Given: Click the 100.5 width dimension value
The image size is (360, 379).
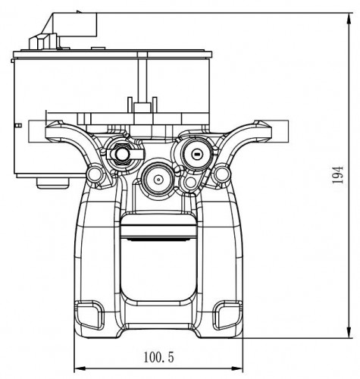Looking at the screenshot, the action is pos(158,358).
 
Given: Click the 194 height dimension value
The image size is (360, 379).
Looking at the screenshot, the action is pos(338,175).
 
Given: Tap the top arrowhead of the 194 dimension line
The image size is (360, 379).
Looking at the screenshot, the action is pos(349,19).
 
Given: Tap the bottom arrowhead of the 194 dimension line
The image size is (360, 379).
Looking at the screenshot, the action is pos(349,332).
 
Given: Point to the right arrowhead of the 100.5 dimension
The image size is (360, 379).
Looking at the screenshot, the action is pos(236,368).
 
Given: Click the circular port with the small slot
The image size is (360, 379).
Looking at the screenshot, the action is pos(196,154).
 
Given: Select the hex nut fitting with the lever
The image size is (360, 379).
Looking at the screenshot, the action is pos(122,154).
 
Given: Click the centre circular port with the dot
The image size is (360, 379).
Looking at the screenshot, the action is pos(158,180).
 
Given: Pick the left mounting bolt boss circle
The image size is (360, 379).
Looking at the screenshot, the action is pos(95,174).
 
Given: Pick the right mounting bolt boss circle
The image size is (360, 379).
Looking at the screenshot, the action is pos(221,174).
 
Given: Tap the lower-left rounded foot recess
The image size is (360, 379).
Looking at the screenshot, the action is pos(89,315).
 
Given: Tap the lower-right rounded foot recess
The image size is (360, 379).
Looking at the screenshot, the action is pos(227,315).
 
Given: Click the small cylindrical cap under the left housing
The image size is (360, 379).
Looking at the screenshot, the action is pos(53,183).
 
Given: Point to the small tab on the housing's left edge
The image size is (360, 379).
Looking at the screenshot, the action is pos(18,125).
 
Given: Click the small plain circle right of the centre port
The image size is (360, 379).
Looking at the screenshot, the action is pos(190,182).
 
